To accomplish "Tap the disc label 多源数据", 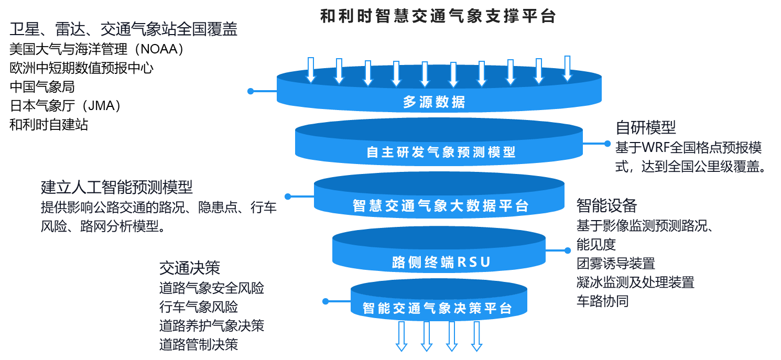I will tap(434, 102).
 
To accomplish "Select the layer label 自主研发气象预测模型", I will tap(441, 152).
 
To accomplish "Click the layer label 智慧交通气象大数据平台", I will tap(441, 206).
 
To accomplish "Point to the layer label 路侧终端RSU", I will tap(441, 262).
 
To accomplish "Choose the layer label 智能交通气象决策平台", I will tap(437, 308).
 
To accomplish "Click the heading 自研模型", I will tap(646, 127).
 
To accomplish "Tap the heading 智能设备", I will tap(606, 204).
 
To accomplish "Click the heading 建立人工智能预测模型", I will tap(117, 187).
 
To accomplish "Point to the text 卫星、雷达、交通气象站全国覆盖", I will tap(124, 29).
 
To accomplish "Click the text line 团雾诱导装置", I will tap(615, 263).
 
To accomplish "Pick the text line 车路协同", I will tap(602, 301).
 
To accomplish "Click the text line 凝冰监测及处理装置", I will tap(635, 282).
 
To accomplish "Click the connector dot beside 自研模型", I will tap(608, 144).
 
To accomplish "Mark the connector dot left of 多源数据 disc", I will tap(251, 91).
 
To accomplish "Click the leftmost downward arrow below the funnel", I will tap(402, 335).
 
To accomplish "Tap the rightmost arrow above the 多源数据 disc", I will tap(567, 69).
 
